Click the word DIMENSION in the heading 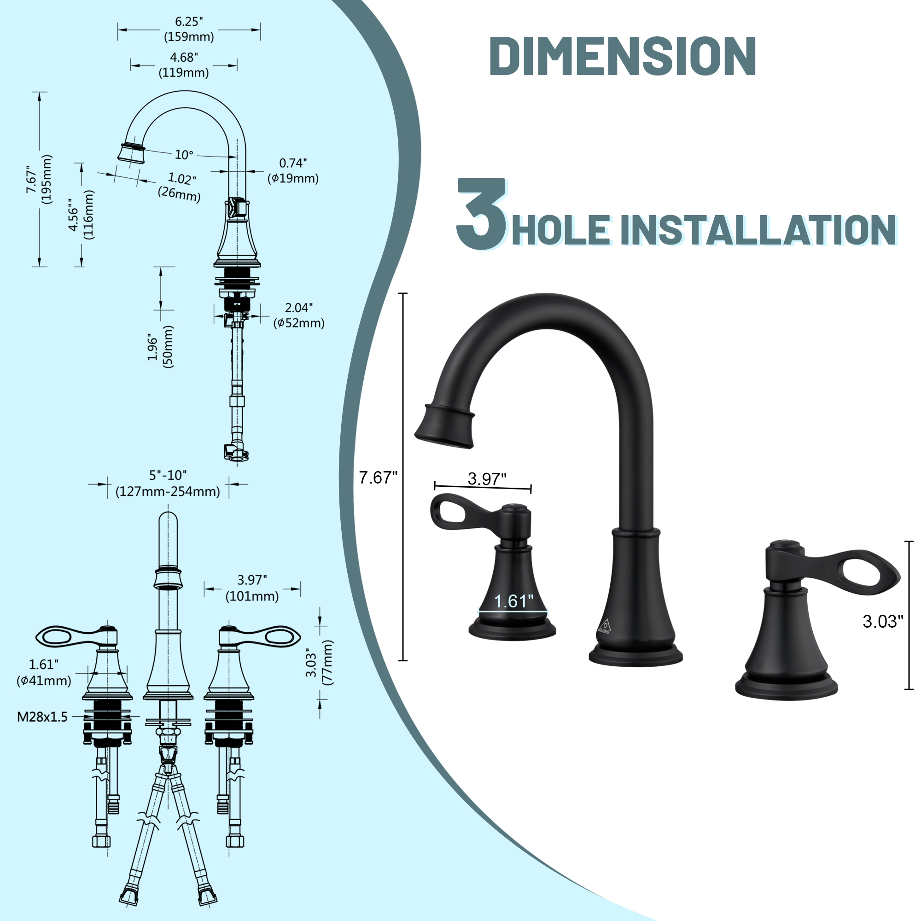tap(622, 56)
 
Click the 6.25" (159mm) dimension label tap(189, 29)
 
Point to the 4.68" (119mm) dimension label tap(184, 65)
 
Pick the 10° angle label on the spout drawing tap(184, 155)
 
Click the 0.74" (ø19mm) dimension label tap(293, 171)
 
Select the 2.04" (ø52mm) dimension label tap(299, 315)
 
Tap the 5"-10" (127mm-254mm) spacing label tap(168, 484)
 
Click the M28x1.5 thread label tap(42, 717)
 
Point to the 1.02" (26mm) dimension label tap(180, 186)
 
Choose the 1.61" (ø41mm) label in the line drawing tap(44, 672)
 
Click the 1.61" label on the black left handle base tap(513, 601)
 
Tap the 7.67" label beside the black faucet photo tap(378, 477)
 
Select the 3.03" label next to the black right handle tap(883, 621)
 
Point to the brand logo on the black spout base tap(605, 626)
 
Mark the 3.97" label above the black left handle tap(487, 478)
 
